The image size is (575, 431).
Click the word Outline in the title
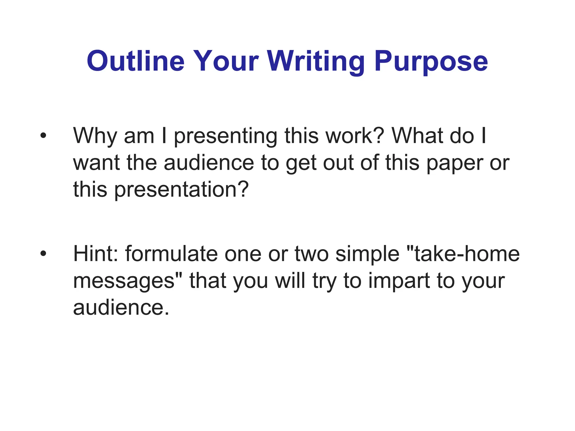coord(136,61)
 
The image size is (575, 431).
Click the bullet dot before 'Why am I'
coord(43,136)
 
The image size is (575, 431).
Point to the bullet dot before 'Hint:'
coord(43,254)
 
